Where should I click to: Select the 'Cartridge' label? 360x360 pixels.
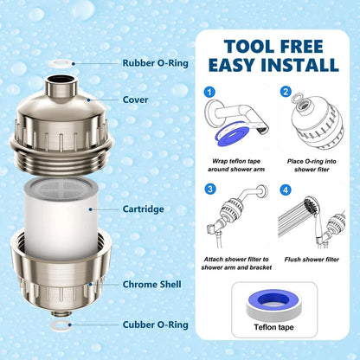tap(145, 209)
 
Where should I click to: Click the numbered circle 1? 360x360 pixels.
tap(208, 92)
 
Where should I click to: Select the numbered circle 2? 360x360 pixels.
tap(283, 92)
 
